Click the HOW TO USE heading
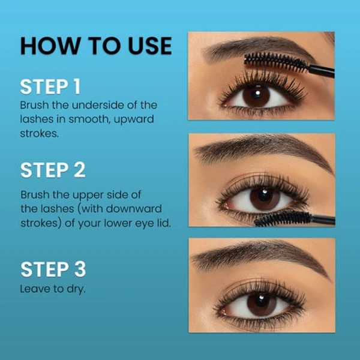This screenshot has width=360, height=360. (96, 46)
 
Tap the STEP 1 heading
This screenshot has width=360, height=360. (50, 87)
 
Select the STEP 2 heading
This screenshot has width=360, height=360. (53, 170)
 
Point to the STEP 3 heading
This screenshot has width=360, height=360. (53, 269)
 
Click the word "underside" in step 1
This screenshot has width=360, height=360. (98, 105)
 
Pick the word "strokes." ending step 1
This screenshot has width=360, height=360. (39, 134)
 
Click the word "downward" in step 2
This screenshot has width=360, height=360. (134, 209)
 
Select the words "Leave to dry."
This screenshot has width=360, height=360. (53, 289)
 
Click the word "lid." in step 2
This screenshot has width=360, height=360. (164, 223)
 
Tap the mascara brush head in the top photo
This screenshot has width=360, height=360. (276, 61)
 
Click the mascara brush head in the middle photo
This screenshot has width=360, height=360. (283, 218)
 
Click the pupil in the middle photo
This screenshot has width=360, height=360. (265, 195)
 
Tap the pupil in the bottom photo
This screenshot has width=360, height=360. (261, 301)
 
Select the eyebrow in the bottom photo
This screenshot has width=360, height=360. (259, 255)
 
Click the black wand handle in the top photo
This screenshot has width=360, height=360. (321, 71)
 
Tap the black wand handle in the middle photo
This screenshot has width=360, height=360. (323, 219)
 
